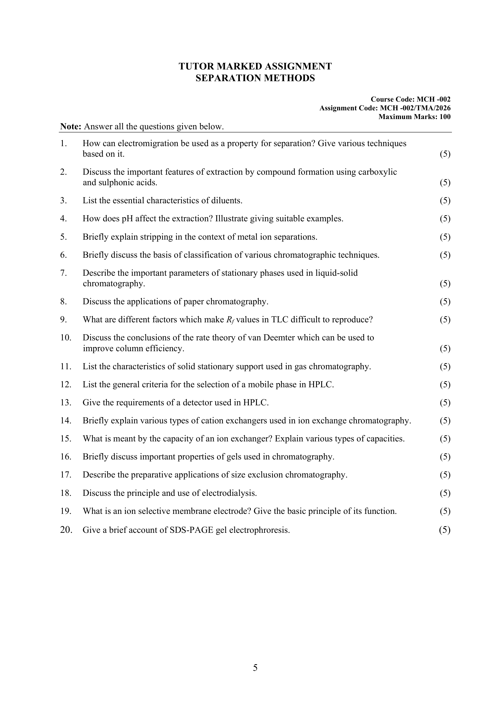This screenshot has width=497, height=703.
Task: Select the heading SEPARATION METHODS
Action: click(x=255, y=78)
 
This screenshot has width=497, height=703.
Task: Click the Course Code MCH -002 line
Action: click(x=410, y=99)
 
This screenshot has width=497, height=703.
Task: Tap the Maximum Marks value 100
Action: click(x=445, y=117)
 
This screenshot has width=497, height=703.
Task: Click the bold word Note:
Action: click(x=71, y=127)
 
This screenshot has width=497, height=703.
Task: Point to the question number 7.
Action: click(x=63, y=273)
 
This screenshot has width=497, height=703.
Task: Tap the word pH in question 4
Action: click(x=128, y=219)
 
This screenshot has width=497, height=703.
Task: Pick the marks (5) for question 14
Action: click(x=445, y=421)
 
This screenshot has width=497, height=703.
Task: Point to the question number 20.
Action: click(x=66, y=530)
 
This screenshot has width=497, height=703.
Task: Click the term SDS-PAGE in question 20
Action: click(x=191, y=530)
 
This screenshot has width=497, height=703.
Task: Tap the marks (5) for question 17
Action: click(x=445, y=475)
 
